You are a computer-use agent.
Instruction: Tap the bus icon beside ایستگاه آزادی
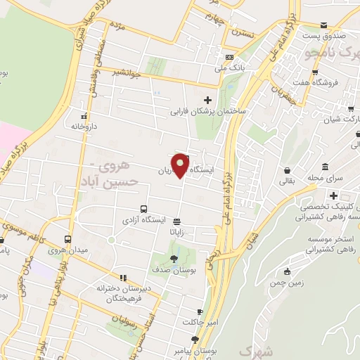pyautogui.click(x=143, y=209)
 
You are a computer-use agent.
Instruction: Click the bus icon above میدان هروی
pyautogui.click(x=67, y=239)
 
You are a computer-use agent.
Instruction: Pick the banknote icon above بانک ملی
pyautogui.click(x=229, y=57)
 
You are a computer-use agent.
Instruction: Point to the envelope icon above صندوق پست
pyautogui.click(x=323, y=24)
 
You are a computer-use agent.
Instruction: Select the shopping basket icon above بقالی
pyautogui.click(x=288, y=170)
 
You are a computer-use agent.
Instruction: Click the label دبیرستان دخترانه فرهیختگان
pyautogui.click(x=124, y=294)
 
